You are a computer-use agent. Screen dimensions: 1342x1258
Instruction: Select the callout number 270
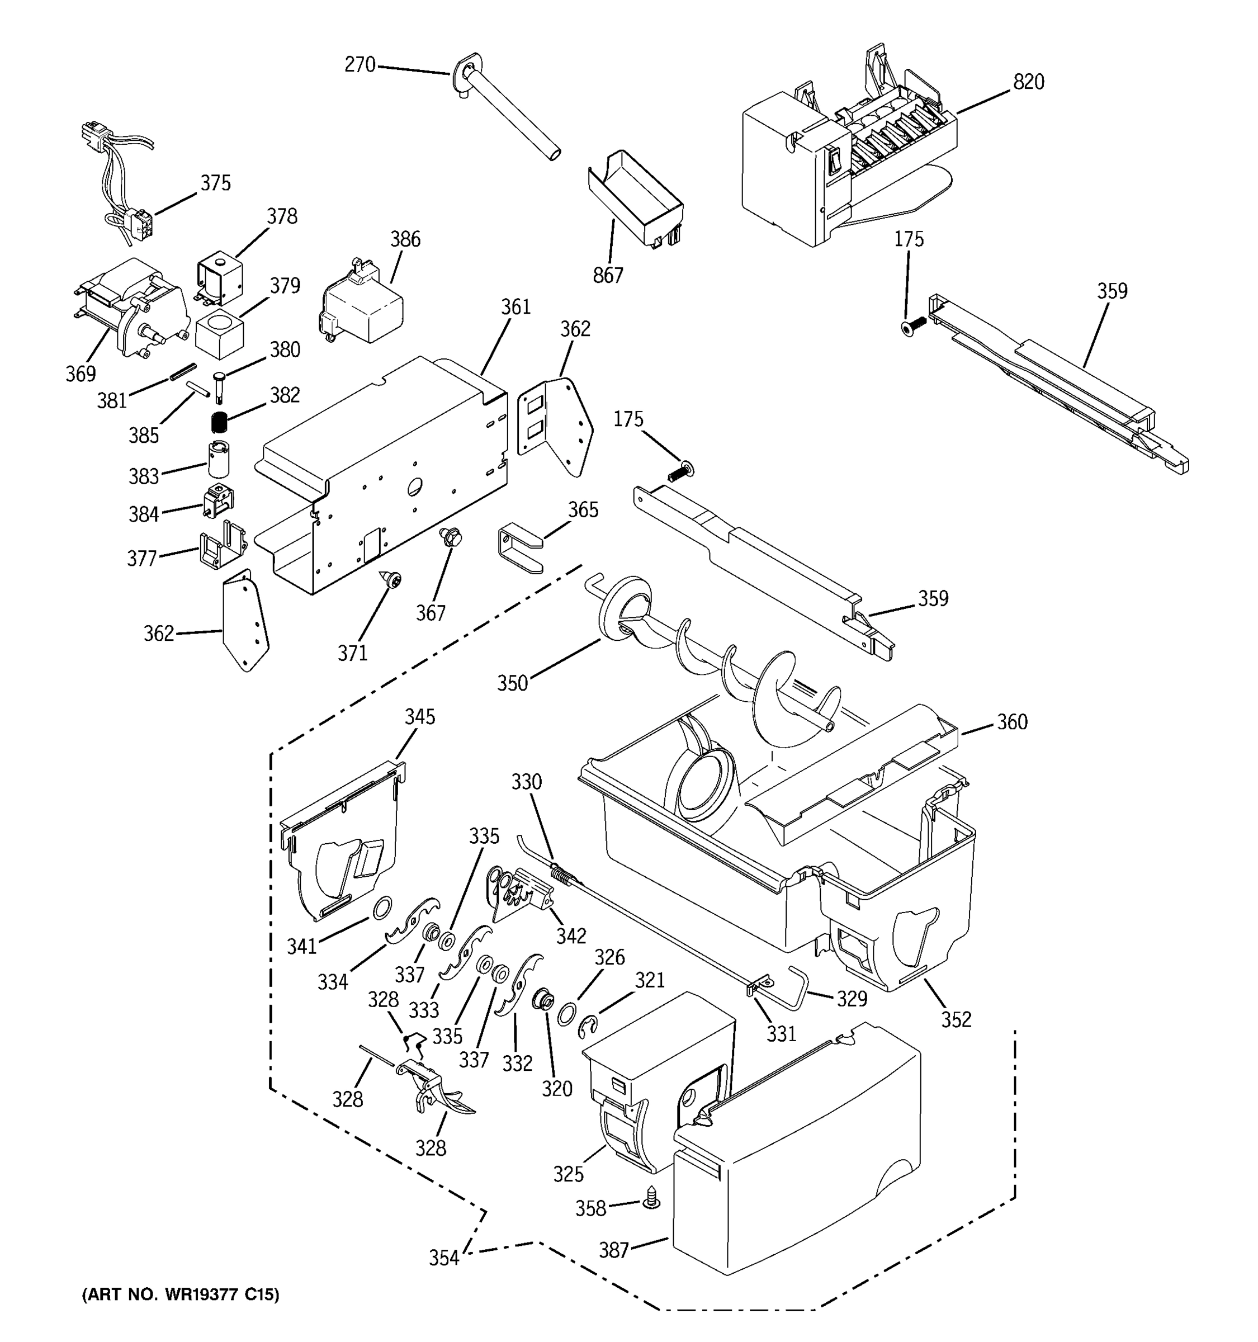(360, 65)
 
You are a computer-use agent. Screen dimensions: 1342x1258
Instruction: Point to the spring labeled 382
(218, 423)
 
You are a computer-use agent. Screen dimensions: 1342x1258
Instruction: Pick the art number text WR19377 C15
(180, 1294)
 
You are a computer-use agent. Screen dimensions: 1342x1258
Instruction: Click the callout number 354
(444, 1258)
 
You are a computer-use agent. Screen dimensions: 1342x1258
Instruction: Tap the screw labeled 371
(391, 579)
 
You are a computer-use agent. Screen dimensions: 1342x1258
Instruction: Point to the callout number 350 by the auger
(512, 683)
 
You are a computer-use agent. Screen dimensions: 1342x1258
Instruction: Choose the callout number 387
(613, 1250)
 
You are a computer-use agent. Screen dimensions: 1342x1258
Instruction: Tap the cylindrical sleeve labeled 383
(218, 459)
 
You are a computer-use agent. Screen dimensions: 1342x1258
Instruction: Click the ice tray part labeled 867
(635, 199)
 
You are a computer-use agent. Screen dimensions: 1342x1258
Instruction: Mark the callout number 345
(420, 717)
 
